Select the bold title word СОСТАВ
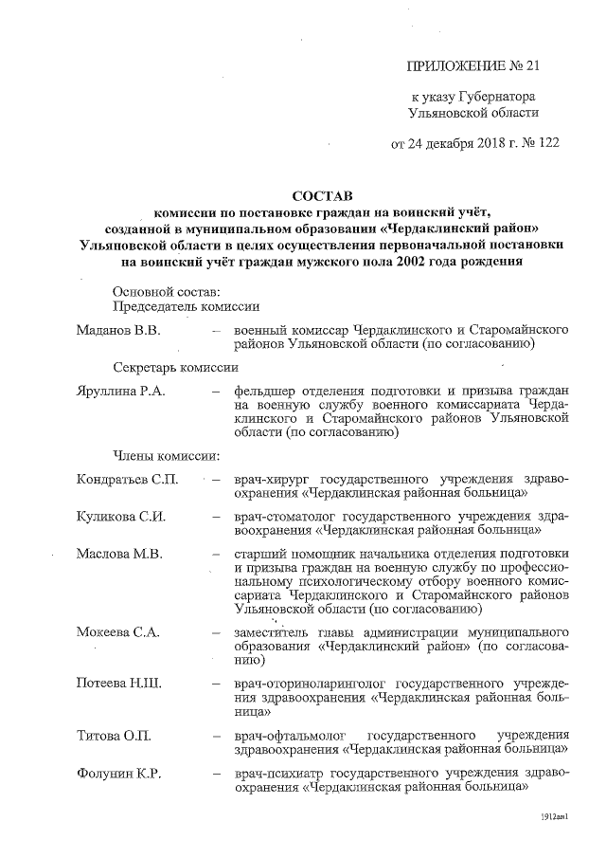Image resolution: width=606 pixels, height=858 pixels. click(323, 196)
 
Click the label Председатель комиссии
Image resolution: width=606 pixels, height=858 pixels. click(187, 306)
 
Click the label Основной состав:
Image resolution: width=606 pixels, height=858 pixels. click(166, 290)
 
